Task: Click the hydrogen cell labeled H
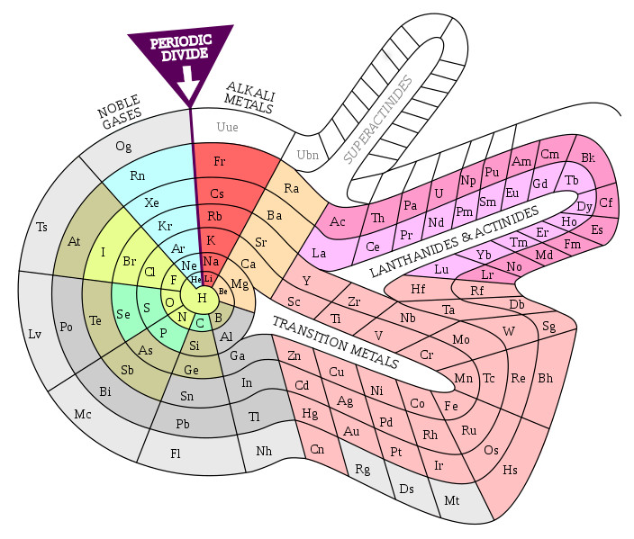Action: pos(202,298)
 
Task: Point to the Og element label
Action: pos(123,146)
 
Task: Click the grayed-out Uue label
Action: pos(227,127)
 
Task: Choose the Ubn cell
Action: pos(305,155)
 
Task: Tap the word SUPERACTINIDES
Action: pos(378,120)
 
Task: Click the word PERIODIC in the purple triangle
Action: pos(181,41)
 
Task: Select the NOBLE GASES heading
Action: pos(119,112)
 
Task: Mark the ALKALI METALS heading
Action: pos(249,97)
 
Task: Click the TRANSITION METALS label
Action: pos(336,342)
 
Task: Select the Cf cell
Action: pos(606,202)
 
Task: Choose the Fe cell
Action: pos(452,406)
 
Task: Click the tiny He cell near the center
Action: pos(195,280)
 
